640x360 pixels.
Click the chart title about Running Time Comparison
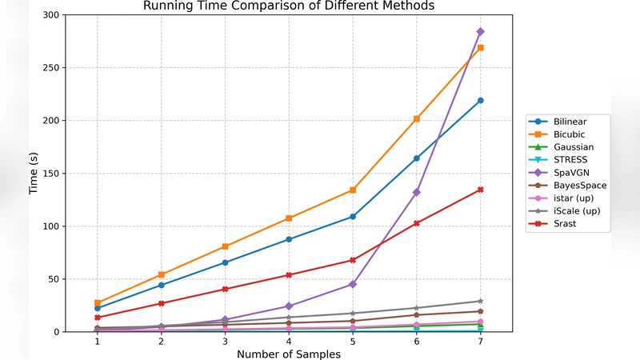tap(288, 6)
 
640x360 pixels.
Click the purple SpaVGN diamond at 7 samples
tap(480, 32)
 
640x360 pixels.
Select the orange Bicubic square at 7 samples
tap(480, 48)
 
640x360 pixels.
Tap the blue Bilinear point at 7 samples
tap(480, 101)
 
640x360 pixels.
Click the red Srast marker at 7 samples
tap(480, 190)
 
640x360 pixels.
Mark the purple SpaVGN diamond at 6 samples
tap(416, 192)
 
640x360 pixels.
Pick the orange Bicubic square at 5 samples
tap(352, 190)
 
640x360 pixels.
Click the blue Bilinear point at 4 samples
tap(289, 239)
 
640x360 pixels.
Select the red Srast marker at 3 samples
tap(225, 289)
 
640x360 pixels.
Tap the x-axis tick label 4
tap(289, 342)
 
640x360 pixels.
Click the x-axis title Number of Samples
tap(288, 354)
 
